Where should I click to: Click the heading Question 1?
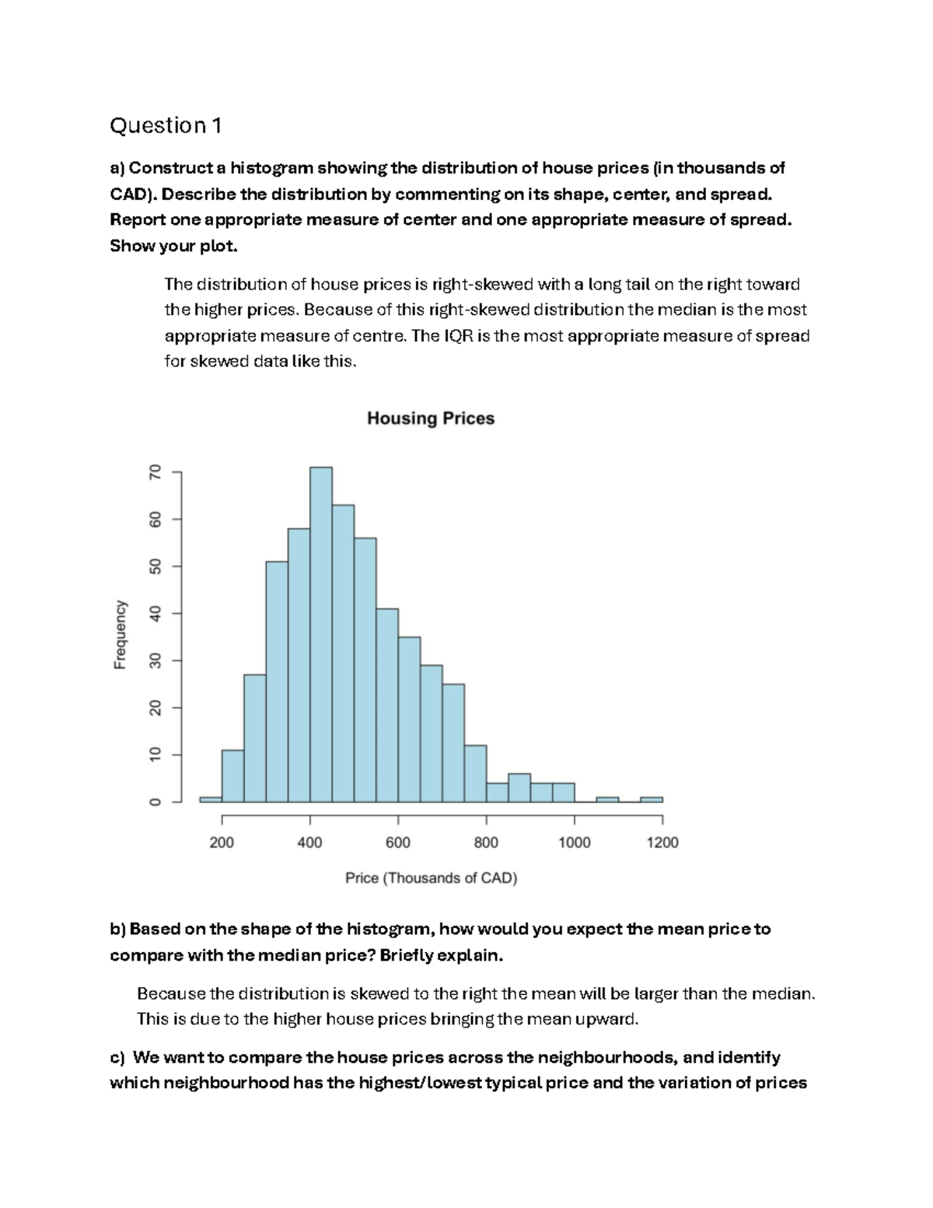[166, 125]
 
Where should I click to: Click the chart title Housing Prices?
[431, 418]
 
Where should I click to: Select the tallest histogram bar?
[321, 634]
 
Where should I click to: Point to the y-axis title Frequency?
[120, 635]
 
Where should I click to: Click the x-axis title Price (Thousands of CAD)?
[431, 878]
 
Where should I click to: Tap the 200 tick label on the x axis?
[222, 842]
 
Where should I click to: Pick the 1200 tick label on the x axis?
[662, 842]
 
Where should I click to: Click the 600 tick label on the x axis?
[398, 842]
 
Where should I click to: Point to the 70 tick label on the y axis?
[155, 472]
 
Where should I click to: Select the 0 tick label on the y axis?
[155, 802]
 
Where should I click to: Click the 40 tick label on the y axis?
[155, 614]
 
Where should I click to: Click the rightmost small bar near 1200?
[652, 799]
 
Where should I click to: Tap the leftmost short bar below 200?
[211, 799]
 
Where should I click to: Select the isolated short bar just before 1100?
[607, 799]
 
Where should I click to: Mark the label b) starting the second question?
[117, 930]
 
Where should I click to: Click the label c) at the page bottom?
[117, 1058]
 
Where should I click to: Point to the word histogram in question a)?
[271, 168]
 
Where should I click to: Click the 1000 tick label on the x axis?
[575, 842]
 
